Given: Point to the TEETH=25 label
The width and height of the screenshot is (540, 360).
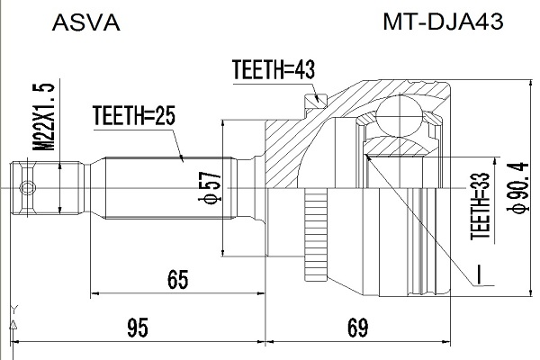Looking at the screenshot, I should [132, 115].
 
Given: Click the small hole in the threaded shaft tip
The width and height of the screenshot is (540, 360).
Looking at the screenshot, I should [30, 188].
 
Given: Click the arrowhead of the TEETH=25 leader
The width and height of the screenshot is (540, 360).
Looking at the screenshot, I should [184, 160].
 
